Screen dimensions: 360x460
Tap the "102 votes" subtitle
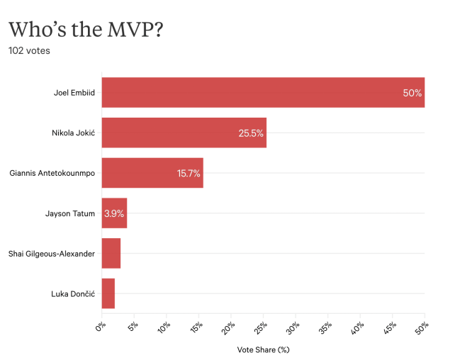point(29,51)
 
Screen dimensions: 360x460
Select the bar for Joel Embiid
point(262,92)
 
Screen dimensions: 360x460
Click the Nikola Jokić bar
point(184,133)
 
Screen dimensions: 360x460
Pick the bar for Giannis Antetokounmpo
point(152,173)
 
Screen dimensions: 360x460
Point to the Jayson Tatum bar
point(114,213)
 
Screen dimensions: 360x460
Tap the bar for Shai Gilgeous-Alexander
point(111,253)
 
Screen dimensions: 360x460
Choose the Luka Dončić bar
point(108,293)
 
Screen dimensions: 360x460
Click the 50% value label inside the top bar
point(412,93)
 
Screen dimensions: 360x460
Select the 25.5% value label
point(251,133)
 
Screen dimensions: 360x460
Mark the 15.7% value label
point(189,173)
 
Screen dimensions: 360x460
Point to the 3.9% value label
point(114,213)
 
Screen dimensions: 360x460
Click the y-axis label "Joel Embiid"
point(74,93)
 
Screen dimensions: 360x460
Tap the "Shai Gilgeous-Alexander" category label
point(52,253)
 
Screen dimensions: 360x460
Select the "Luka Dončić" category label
point(73,293)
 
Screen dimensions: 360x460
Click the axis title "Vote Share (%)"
point(264,349)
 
